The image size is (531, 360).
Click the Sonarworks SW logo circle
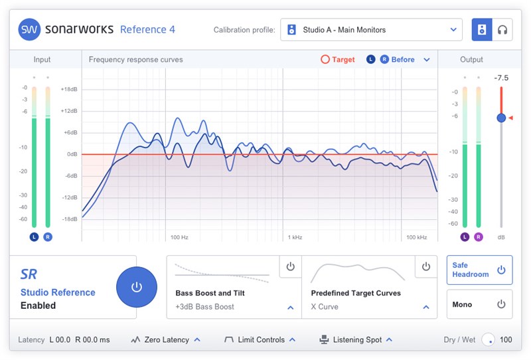(29, 29)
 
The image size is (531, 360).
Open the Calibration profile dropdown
(371, 30)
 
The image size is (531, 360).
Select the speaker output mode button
(482, 30)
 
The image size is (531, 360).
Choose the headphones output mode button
(502, 30)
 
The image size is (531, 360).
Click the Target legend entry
(338, 60)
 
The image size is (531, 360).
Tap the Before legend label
(402, 60)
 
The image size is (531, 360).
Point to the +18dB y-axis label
(69, 89)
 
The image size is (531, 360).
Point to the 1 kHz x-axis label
(295, 237)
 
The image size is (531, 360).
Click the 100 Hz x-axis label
(179, 237)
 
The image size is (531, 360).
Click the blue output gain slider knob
(501, 118)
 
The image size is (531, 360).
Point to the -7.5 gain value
(501, 78)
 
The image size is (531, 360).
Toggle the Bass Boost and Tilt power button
(290, 266)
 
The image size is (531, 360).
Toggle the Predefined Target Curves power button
(426, 266)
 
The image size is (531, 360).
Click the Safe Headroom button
(479, 270)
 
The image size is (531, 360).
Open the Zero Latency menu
(166, 340)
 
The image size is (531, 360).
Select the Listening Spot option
(356, 340)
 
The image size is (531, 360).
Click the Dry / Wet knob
(489, 340)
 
